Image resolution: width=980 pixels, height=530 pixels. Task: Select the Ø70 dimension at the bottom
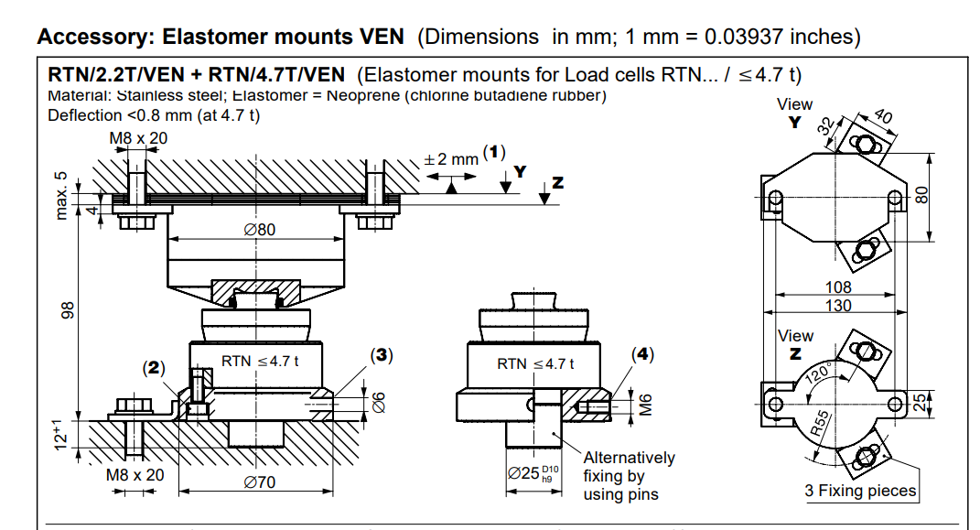coord(260,482)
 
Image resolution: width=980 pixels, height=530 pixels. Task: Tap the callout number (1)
coord(494,152)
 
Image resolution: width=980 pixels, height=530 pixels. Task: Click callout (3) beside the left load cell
coord(382,354)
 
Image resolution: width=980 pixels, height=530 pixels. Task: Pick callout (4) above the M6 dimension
coord(644,354)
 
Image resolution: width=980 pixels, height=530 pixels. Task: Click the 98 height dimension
coord(66,311)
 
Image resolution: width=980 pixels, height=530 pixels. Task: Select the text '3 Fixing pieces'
coord(860,491)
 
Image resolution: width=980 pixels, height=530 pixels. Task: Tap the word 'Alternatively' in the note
coord(629,458)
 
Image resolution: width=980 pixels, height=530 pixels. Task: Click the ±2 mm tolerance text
coord(450,158)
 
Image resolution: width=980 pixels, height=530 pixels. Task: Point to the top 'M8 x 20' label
coord(138,138)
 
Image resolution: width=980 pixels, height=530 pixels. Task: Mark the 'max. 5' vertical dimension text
coord(61,195)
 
